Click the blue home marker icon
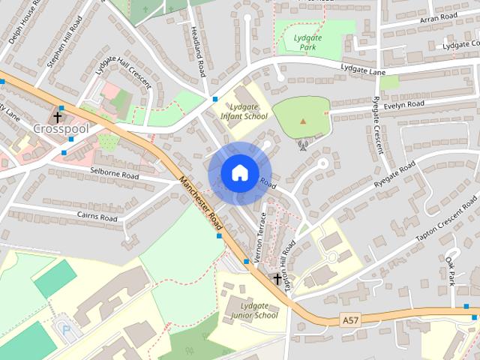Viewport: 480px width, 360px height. (x=238, y=172)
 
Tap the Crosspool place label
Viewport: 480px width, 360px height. (x=61, y=129)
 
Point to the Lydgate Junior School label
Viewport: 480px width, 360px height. (x=250, y=310)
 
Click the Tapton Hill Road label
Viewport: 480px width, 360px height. (x=289, y=261)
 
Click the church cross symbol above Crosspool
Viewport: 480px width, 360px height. (x=58, y=117)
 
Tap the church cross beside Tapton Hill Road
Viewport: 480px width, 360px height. (x=277, y=279)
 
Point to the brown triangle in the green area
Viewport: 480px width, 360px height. (x=303, y=120)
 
